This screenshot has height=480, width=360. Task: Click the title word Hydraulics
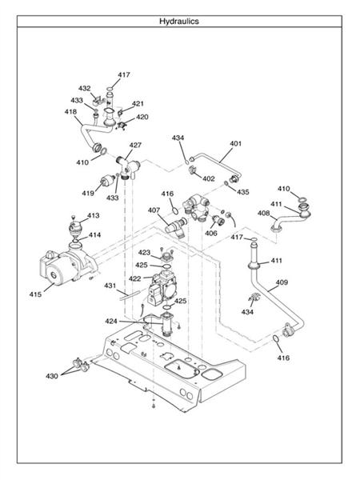click(x=179, y=22)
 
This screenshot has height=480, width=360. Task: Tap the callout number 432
click(x=85, y=88)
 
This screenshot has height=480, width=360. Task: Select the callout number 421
click(x=138, y=104)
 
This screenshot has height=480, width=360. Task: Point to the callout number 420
click(x=142, y=117)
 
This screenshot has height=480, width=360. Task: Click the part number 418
click(x=71, y=112)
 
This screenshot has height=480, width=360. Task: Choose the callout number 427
click(x=135, y=146)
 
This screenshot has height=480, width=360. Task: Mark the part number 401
click(x=235, y=145)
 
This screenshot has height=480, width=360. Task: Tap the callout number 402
click(x=208, y=178)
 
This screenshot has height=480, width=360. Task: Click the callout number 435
click(x=242, y=192)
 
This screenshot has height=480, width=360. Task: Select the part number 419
click(x=87, y=193)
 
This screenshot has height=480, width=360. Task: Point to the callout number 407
click(x=154, y=210)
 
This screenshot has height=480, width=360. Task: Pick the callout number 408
click(x=263, y=213)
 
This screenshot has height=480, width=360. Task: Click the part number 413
click(x=94, y=216)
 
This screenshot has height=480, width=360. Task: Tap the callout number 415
click(x=36, y=294)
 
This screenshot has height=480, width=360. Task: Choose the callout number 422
click(x=135, y=278)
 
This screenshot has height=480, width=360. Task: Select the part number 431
click(x=110, y=286)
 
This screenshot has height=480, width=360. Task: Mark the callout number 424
click(x=111, y=321)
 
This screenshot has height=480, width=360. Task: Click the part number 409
click(x=282, y=282)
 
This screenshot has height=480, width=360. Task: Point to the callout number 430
click(x=52, y=376)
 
